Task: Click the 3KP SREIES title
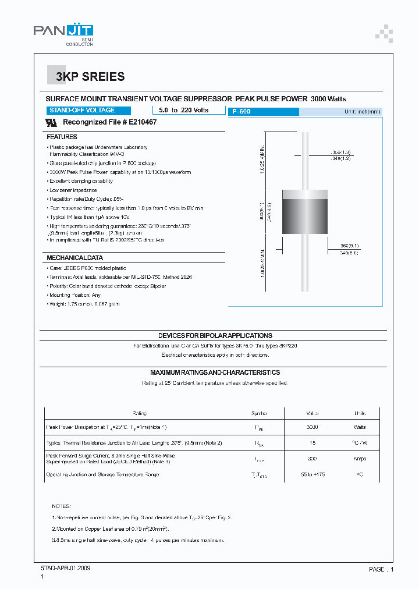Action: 90,77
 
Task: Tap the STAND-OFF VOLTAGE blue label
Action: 82,110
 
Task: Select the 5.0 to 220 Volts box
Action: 183,110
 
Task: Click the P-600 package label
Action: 241,111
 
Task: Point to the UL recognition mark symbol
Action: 52,123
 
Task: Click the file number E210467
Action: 139,123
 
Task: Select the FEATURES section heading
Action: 62,137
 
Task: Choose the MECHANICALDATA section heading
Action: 74,258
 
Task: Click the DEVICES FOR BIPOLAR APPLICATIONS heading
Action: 215,336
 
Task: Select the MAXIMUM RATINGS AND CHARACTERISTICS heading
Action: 215,372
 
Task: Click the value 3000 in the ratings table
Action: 313,427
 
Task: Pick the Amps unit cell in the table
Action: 360,459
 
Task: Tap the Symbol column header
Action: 259,413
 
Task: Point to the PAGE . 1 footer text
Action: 381,569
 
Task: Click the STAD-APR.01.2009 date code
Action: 66,567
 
